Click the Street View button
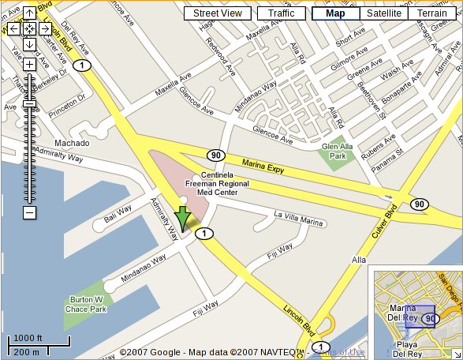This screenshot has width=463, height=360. coord(218,13)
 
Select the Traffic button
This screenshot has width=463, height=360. coord(281,13)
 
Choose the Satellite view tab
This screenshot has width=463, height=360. coord(384,13)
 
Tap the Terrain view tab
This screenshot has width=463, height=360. coord(432,13)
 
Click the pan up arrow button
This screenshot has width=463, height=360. coord(28,13)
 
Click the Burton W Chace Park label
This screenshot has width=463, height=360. coord(87,305)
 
